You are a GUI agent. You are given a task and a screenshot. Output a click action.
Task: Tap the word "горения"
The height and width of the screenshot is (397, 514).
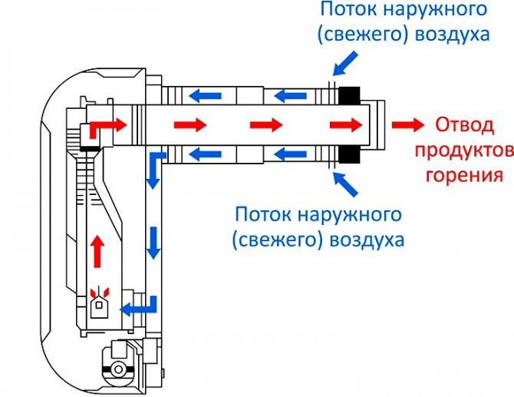(465, 175)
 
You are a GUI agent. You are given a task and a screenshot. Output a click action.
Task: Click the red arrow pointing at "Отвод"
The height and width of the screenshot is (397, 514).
(407, 124)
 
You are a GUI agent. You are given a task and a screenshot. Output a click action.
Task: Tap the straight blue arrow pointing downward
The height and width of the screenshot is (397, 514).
(154, 243)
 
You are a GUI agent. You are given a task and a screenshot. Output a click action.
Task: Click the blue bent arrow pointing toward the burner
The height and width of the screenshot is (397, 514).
(142, 306)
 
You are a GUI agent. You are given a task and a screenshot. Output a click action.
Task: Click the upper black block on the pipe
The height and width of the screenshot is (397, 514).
(349, 96)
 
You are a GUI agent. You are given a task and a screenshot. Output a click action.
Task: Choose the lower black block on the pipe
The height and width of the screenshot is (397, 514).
(349, 152)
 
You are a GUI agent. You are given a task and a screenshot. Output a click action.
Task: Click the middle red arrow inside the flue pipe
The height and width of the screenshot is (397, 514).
(265, 124)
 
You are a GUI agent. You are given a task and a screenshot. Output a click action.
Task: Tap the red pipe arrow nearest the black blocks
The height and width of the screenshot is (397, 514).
(344, 124)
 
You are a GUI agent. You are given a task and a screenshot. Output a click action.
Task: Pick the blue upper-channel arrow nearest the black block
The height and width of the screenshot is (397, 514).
(292, 96)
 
